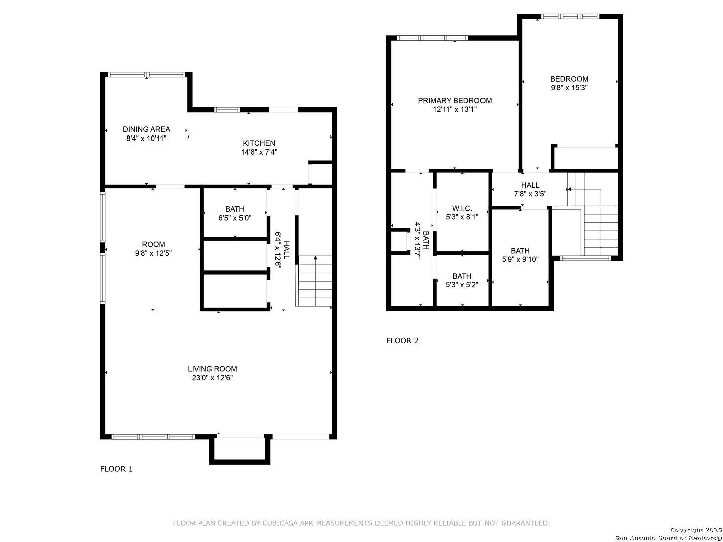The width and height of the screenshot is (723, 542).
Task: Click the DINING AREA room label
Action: point(146,129)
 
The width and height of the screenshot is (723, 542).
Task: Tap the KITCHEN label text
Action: point(259,143)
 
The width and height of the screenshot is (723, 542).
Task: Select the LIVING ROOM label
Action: point(212,369)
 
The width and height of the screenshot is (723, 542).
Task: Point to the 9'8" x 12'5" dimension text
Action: point(153,253)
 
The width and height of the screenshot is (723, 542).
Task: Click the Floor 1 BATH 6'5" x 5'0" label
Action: point(234,213)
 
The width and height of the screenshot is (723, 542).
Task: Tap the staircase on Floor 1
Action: point(314,281)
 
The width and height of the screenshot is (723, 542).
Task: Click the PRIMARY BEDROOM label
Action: point(454,101)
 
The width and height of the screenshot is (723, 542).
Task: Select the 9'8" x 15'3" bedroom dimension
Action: point(569,87)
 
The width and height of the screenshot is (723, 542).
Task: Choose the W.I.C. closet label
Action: point(462,208)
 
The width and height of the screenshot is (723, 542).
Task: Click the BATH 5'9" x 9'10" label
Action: point(520,255)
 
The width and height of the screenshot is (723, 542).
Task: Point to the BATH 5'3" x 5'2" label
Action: point(461,280)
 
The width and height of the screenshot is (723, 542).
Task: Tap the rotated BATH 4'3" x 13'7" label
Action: point(421,240)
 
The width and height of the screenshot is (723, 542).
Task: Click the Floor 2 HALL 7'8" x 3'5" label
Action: point(530,189)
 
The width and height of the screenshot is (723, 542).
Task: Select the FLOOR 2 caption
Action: point(402,341)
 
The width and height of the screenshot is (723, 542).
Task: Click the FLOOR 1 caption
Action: point(116,469)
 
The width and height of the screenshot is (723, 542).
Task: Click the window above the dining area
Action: point(147,75)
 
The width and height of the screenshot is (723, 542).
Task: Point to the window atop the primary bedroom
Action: point(432,38)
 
